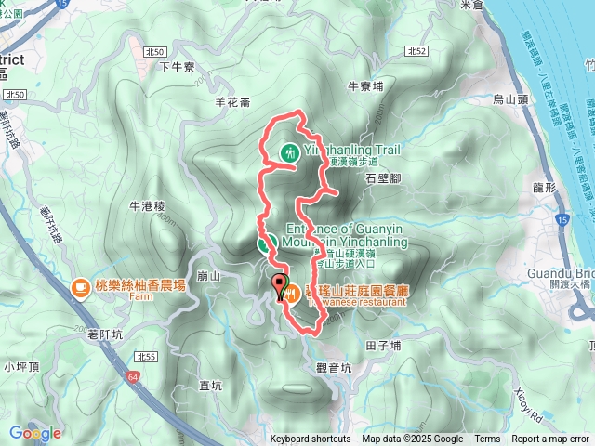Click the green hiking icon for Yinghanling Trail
click(x=291, y=151)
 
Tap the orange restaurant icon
click(x=292, y=294)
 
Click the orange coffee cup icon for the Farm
click(x=81, y=287)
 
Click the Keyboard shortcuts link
click(x=311, y=439)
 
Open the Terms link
click(x=487, y=439)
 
